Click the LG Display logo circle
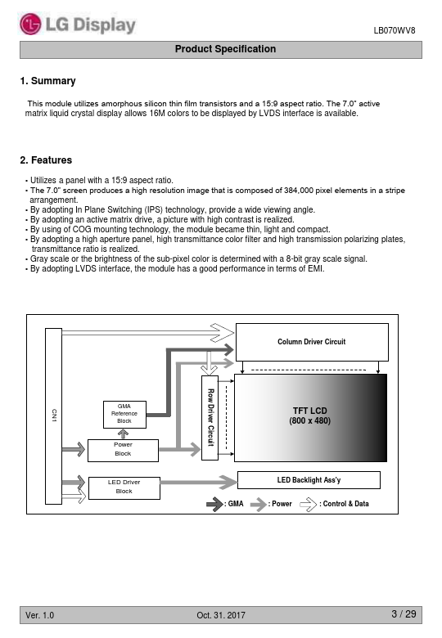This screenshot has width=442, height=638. pos(30,24)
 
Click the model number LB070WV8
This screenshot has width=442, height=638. pos(394,30)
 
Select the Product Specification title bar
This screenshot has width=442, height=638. pos(221,50)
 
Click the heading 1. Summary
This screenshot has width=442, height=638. pos(47,81)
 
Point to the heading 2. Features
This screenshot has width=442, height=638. pos(46,159)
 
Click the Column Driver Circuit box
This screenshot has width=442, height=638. pos(312,342)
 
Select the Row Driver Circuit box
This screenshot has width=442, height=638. pos(210,417)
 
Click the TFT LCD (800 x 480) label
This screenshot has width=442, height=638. pos(309,416)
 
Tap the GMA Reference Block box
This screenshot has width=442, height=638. pos(124,414)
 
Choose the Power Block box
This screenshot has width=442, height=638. pos(123,451)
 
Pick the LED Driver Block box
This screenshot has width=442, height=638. pos(124,487)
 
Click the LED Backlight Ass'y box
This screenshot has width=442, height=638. pos(309,480)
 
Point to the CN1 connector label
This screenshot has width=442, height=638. pos(54,416)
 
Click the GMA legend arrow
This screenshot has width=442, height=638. pos(214,505)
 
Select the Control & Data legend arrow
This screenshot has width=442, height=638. pos(308,505)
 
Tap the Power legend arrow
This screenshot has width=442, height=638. pos(258,505)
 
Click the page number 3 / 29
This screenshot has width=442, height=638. pos(404,614)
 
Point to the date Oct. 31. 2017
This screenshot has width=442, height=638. pos(221,615)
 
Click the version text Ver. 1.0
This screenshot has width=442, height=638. pos(39,615)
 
